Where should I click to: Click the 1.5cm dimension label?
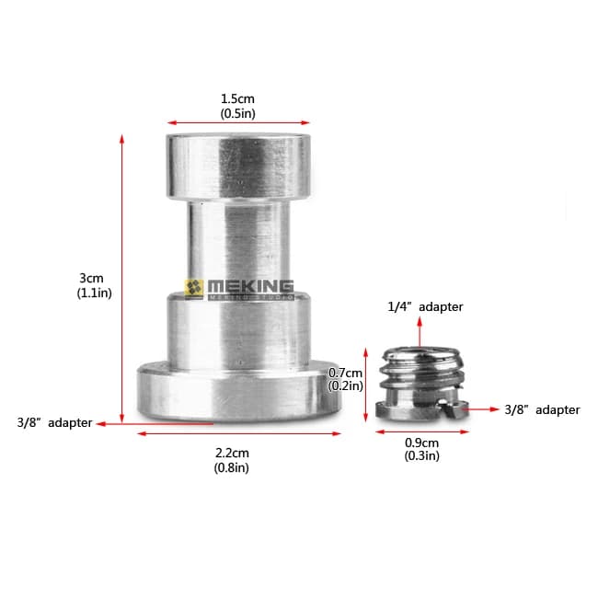click(x=237, y=98)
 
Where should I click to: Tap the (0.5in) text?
click(x=237, y=113)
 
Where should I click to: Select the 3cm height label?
click(x=91, y=278)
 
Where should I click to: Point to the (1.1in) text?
click(x=94, y=293)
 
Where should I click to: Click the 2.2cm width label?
click(x=232, y=453)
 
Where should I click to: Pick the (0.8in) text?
click(x=232, y=467)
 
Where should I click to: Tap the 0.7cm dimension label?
click(x=346, y=373)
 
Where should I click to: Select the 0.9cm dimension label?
click(x=421, y=443)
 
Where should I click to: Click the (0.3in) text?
click(x=421, y=455)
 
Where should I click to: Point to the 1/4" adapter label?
click(x=425, y=306)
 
